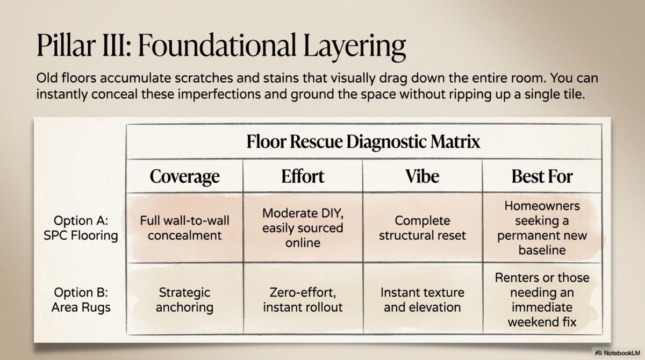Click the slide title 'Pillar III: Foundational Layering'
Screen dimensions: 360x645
point(221,46)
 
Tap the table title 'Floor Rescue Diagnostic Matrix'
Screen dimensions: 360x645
point(363,142)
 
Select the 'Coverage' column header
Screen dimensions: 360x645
point(184,177)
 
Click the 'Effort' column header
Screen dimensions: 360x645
point(303,177)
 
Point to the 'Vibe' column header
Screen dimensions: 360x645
point(422,177)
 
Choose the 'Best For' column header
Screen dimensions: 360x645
point(542,177)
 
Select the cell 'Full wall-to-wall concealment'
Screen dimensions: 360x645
point(184,228)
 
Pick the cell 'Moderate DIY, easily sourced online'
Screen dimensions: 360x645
point(303,228)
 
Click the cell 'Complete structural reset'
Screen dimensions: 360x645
point(422,228)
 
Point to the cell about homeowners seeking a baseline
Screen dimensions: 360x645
point(542,228)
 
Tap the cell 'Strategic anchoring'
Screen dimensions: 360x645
point(184,300)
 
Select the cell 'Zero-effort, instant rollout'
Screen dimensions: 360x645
point(303,300)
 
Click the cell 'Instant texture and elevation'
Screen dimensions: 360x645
point(422,300)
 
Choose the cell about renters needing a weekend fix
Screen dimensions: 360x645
point(542,300)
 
